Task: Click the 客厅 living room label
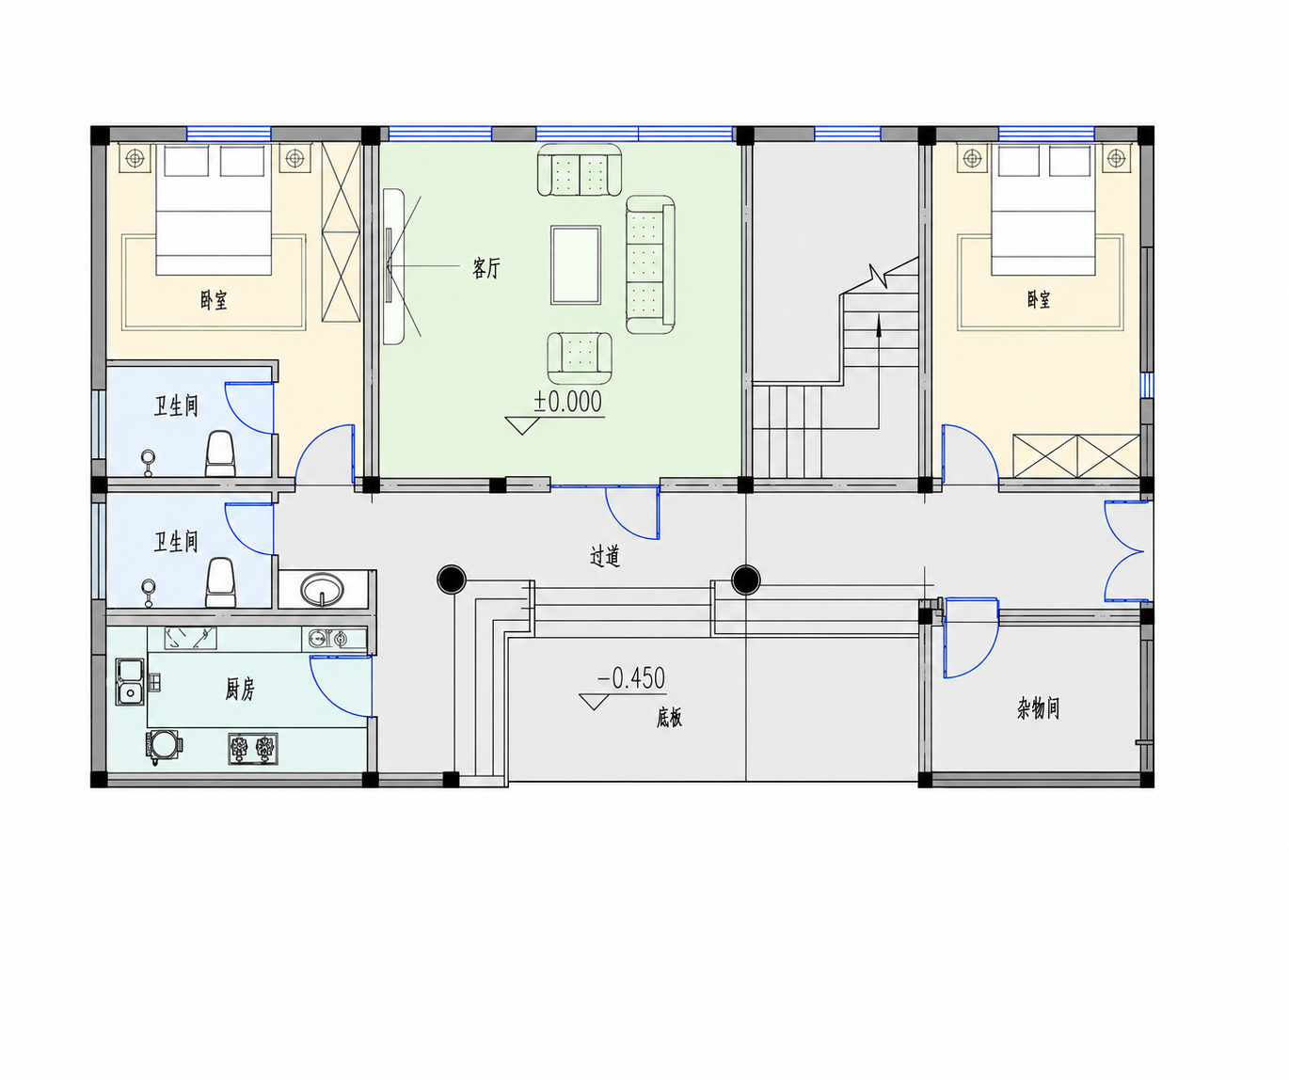pyautogui.click(x=485, y=268)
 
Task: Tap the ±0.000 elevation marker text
pyautogui.click(x=568, y=402)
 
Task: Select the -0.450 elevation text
pyautogui.click(x=631, y=678)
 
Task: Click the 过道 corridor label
pyautogui.click(x=604, y=557)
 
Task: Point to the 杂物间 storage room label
pyautogui.click(x=1039, y=707)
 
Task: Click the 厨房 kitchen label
pyautogui.click(x=240, y=690)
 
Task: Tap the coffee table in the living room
pyautogui.click(x=576, y=264)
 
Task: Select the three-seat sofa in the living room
pyautogui.click(x=650, y=264)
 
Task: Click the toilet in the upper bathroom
pyautogui.click(x=220, y=453)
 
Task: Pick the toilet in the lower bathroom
pyautogui.click(x=220, y=582)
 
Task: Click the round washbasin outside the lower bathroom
pyautogui.click(x=322, y=589)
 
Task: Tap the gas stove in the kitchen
pyautogui.click(x=253, y=749)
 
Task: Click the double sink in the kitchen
pyautogui.click(x=130, y=682)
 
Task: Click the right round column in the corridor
pyautogui.click(x=746, y=580)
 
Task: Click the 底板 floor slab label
pyautogui.click(x=669, y=718)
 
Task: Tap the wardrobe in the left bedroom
pyautogui.click(x=341, y=232)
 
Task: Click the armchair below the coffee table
pyautogui.click(x=580, y=357)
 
